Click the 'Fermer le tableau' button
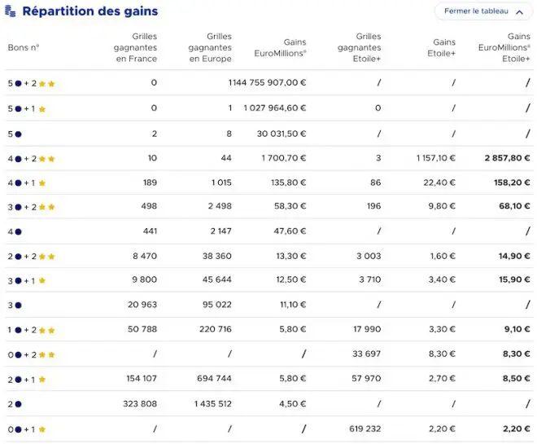(x=483, y=11)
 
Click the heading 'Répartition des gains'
(x=90, y=11)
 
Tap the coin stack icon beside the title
(x=11, y=11)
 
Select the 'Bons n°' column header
(x=24, y=47)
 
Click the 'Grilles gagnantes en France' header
(x=136, y=47)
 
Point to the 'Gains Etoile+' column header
(x=442, y=47)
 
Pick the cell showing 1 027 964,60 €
(x=275, y=108)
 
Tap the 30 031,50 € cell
(x=282, y=134)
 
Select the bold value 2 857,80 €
(x=507, y=158)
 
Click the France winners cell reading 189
(x=150, y=182)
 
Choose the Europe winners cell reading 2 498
(x=220, y=206)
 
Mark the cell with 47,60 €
(x=290, y=231)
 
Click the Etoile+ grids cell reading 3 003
(x=369, y=256)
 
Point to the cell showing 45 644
(x=216, y=279)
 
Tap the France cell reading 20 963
(x=142, y=305)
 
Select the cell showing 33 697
(x=366, y=354)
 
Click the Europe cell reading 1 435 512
(x=213, y=404)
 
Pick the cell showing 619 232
(x=365, y=429)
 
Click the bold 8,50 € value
(x=517, y=379)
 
